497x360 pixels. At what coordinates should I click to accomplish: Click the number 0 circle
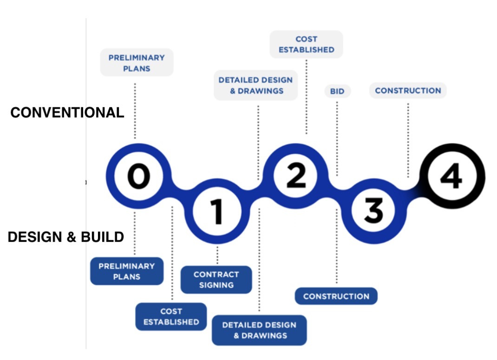(x=136, y=177)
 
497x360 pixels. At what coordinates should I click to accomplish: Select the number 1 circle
(x=217, y=211)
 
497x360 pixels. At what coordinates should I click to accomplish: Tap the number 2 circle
(x=295, y=177)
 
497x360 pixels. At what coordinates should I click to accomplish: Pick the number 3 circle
(x=373, y=211)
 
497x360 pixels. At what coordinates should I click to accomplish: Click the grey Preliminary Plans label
(x=137, y=63)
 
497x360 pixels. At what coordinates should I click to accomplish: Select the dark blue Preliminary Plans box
(x=126, y=271)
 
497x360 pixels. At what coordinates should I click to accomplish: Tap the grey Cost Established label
(x=306, y=45)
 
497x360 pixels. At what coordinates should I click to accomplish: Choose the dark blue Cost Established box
(x=171, y=316)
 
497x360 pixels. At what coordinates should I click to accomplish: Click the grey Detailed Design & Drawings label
(x=255, y=85)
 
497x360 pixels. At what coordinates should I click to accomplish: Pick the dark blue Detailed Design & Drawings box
(x=259, y=330)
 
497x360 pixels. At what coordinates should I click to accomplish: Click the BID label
(x=337, y=91)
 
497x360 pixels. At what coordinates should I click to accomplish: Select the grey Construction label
(x=408, y=91)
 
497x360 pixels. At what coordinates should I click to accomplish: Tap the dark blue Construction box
(x=336, y=296)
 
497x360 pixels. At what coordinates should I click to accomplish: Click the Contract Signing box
(x=216, y=280)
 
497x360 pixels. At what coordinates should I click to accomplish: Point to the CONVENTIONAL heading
(x=67, y=112)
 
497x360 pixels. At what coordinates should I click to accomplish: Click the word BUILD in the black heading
(x=102, y=237)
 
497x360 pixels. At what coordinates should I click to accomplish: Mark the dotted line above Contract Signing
(x=217, y=255)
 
